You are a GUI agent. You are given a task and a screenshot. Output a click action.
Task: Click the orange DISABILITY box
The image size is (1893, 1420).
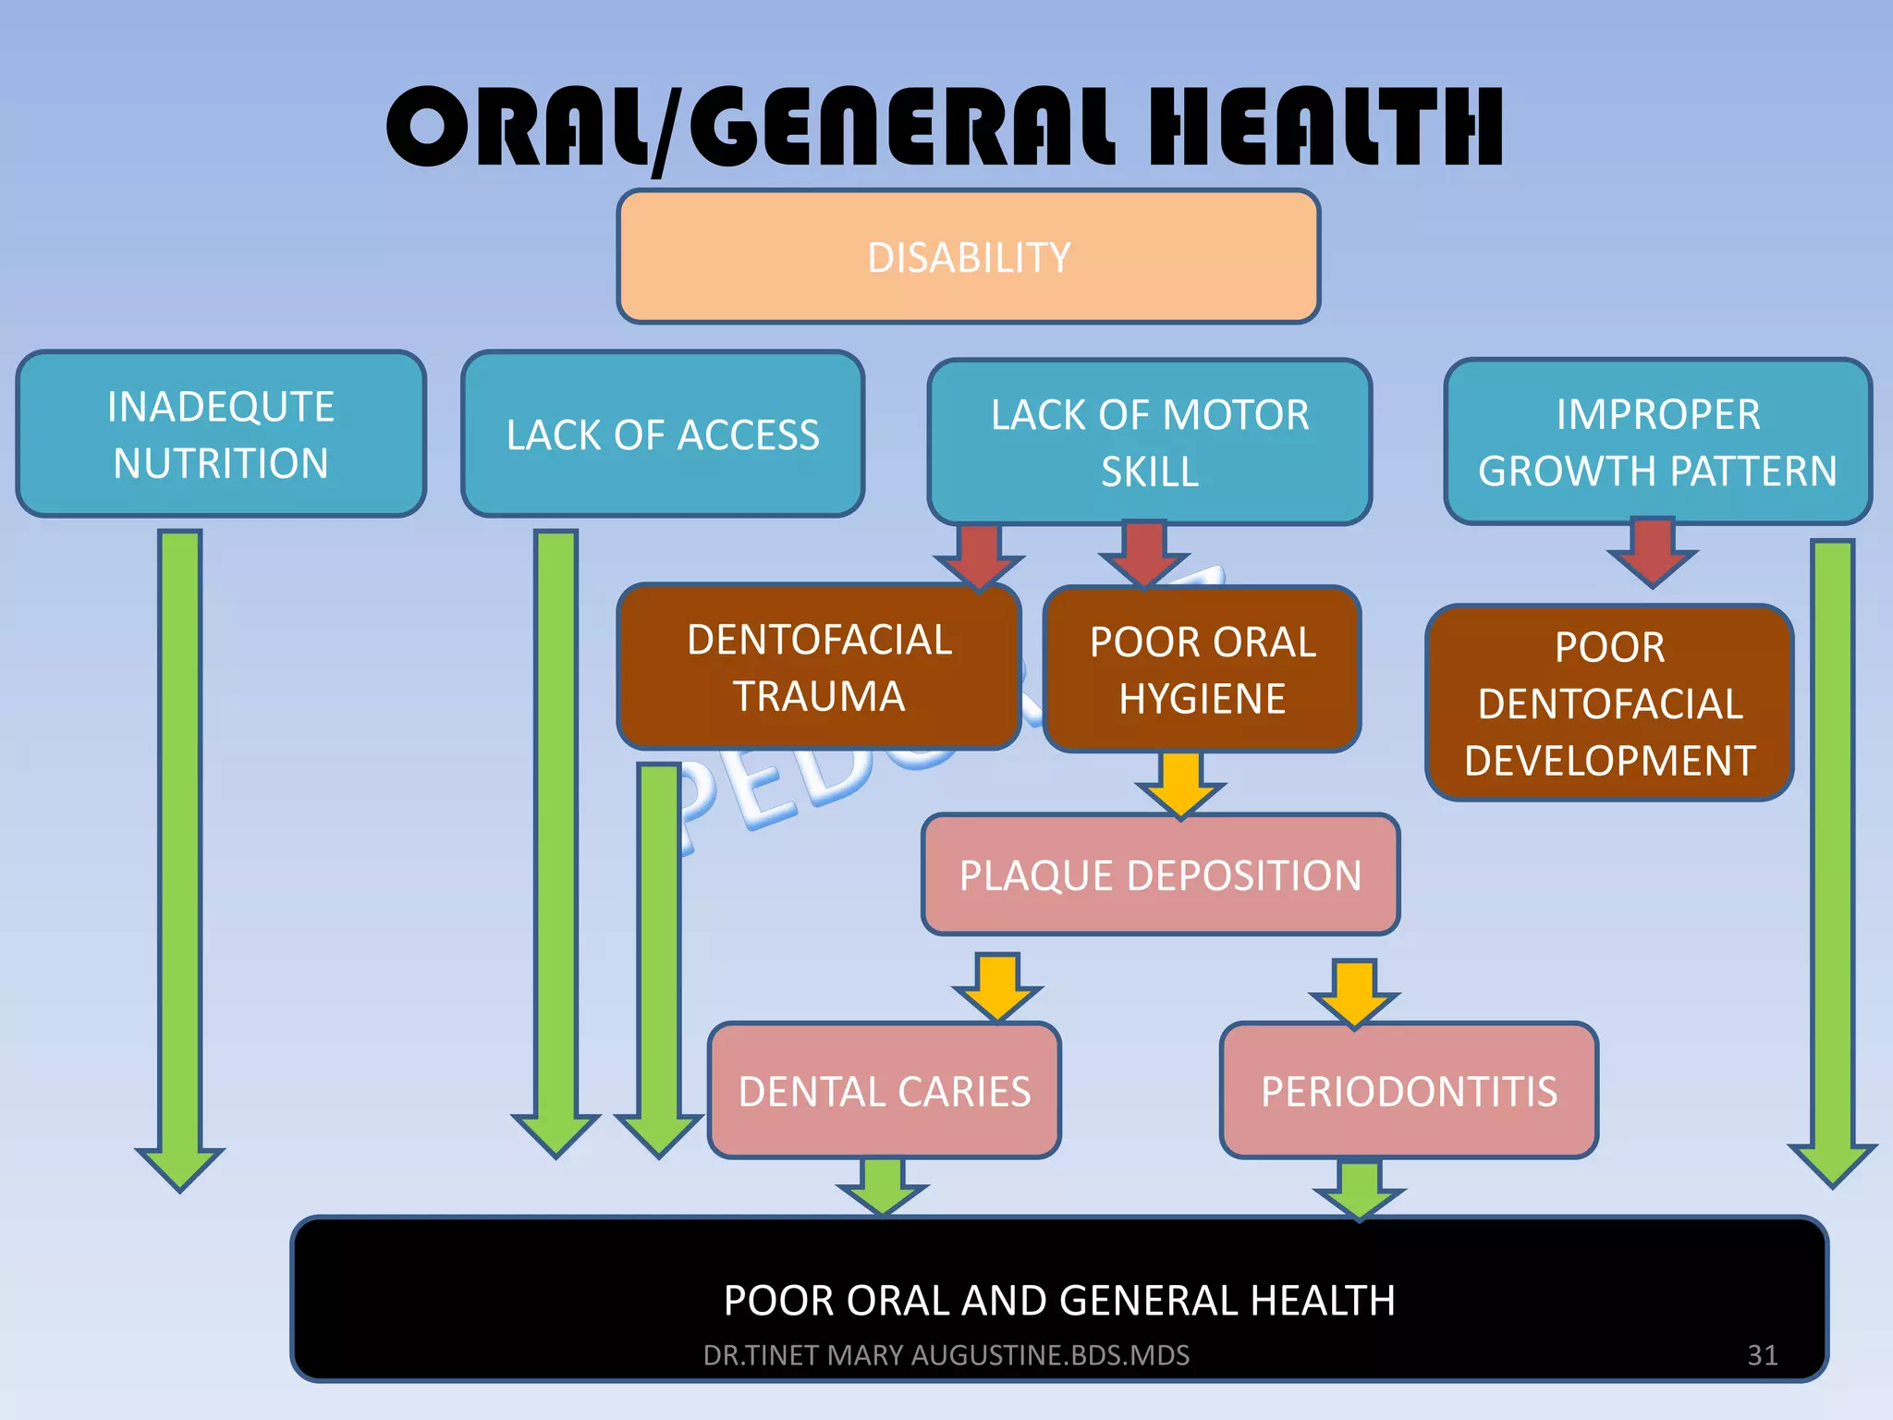click(968, 257)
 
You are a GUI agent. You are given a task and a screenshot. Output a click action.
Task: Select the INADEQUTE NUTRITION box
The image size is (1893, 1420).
click(221, 435)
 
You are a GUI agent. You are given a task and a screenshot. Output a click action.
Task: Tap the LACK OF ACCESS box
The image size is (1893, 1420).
click(663, 435)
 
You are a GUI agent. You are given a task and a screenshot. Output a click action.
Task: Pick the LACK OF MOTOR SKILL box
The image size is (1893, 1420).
click(1149, 443)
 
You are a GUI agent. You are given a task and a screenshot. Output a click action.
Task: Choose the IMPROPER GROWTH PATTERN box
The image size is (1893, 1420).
click(1657, 443)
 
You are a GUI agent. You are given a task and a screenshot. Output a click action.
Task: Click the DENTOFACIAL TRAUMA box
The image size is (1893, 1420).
click(819, 667)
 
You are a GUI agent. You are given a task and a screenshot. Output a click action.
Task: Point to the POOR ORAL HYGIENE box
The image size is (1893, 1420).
click(1202, 669)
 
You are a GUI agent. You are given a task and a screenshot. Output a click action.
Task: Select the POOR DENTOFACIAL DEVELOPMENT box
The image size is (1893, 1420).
click(1609, 703)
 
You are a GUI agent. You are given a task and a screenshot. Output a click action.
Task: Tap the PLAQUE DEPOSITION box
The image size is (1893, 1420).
click(1160, 875)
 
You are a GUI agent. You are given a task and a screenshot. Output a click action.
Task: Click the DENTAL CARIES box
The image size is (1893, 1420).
click(885, 1091)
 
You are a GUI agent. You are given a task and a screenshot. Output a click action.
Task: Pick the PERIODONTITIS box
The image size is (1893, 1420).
click(1409, 1091)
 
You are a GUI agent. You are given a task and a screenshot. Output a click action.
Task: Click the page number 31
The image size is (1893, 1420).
click(1762, 1354)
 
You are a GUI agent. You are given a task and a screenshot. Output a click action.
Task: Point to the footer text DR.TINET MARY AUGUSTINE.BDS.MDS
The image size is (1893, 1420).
click(946, 1354)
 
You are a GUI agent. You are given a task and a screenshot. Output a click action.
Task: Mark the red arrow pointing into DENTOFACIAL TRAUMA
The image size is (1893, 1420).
click(979, 556)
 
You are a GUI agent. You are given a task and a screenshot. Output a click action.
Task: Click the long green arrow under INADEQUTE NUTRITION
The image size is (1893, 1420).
click(180, 851)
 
